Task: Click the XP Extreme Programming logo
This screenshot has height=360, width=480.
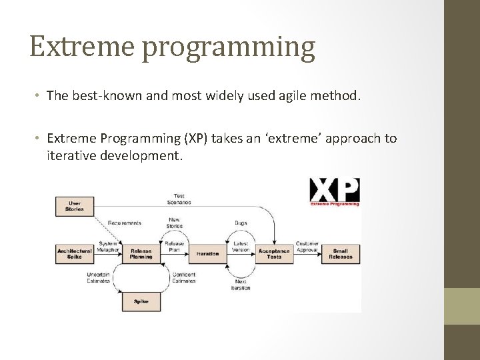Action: (335, 191)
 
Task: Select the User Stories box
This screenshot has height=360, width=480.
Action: (75, 206)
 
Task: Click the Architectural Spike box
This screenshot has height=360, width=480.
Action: (75, 253)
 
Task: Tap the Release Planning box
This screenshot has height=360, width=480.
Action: (141, 253)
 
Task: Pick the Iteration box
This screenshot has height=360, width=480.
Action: (207, 253)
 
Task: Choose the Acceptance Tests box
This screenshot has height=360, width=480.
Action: (274, 253)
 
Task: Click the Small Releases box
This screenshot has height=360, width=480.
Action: (341, 253)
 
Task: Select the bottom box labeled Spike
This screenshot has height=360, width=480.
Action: (141, 301)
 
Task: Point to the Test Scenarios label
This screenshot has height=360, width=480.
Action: (179, 199)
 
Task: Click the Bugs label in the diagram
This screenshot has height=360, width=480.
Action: (241, 223)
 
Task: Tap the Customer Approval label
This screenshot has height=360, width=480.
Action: (307, 247)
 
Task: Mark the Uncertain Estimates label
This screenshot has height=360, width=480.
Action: (99, 277)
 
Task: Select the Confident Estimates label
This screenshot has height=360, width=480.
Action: (183, 277)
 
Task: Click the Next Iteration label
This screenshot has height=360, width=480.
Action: (241, 285)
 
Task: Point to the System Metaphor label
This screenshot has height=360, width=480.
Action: (107, 247)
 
